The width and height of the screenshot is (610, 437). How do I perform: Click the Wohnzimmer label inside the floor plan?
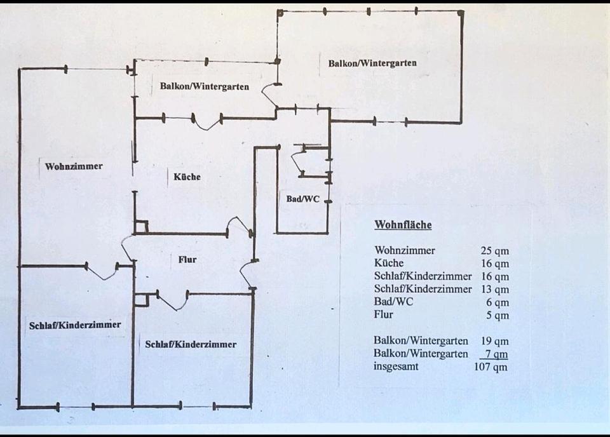click(x=74, y=166)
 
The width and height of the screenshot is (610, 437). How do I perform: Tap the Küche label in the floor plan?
click(x=187, y=177)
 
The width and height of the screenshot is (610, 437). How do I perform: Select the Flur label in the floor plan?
click(x=187, y=259)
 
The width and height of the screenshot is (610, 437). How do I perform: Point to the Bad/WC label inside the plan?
click(x=303, y=199)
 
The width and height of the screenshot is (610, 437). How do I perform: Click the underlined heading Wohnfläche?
click(x=403, y=225)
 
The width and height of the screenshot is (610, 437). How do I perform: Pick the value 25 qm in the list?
click(x=495, y=251)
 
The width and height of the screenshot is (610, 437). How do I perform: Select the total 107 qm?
click(x=491, y=366)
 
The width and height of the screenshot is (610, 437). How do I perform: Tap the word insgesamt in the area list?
click(x=396, y=366)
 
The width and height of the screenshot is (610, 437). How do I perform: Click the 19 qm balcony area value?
click(x=495, y=341)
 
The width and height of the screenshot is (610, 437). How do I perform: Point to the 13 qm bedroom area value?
click(x=495, y=290)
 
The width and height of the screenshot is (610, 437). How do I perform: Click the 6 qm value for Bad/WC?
click(x=498, y=302)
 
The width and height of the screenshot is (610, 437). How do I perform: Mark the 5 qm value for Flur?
click(x=498, y=315)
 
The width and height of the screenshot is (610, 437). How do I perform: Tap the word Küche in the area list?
click(x=389, y=264)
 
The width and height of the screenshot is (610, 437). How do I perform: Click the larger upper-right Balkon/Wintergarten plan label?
click(x=372, y=63)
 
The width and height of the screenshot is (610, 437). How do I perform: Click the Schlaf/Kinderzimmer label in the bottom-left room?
click(x=75, y=325)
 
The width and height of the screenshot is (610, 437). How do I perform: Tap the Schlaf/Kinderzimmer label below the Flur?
click(x=191, y=344)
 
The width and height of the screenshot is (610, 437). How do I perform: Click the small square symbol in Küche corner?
click(x=142, y=227)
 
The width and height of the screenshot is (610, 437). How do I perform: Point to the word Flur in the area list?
click(x=384, y=314)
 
